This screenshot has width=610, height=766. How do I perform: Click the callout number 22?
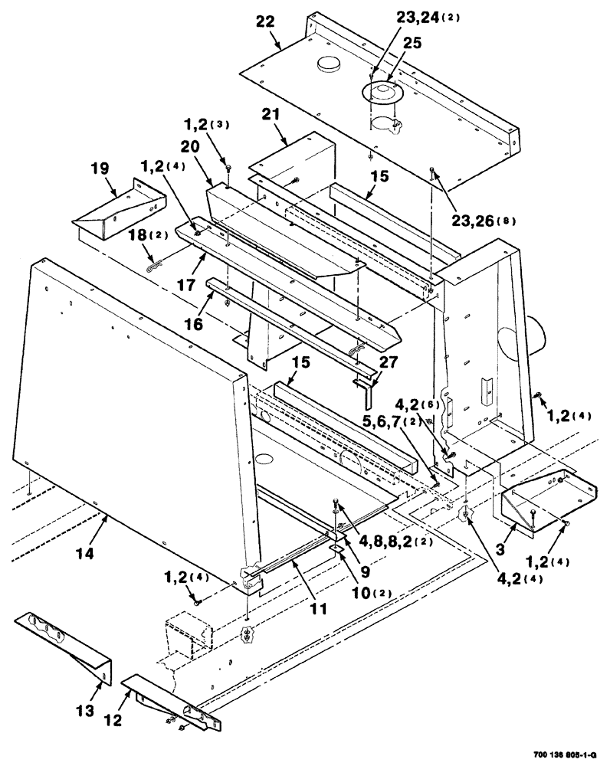point(264,23)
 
